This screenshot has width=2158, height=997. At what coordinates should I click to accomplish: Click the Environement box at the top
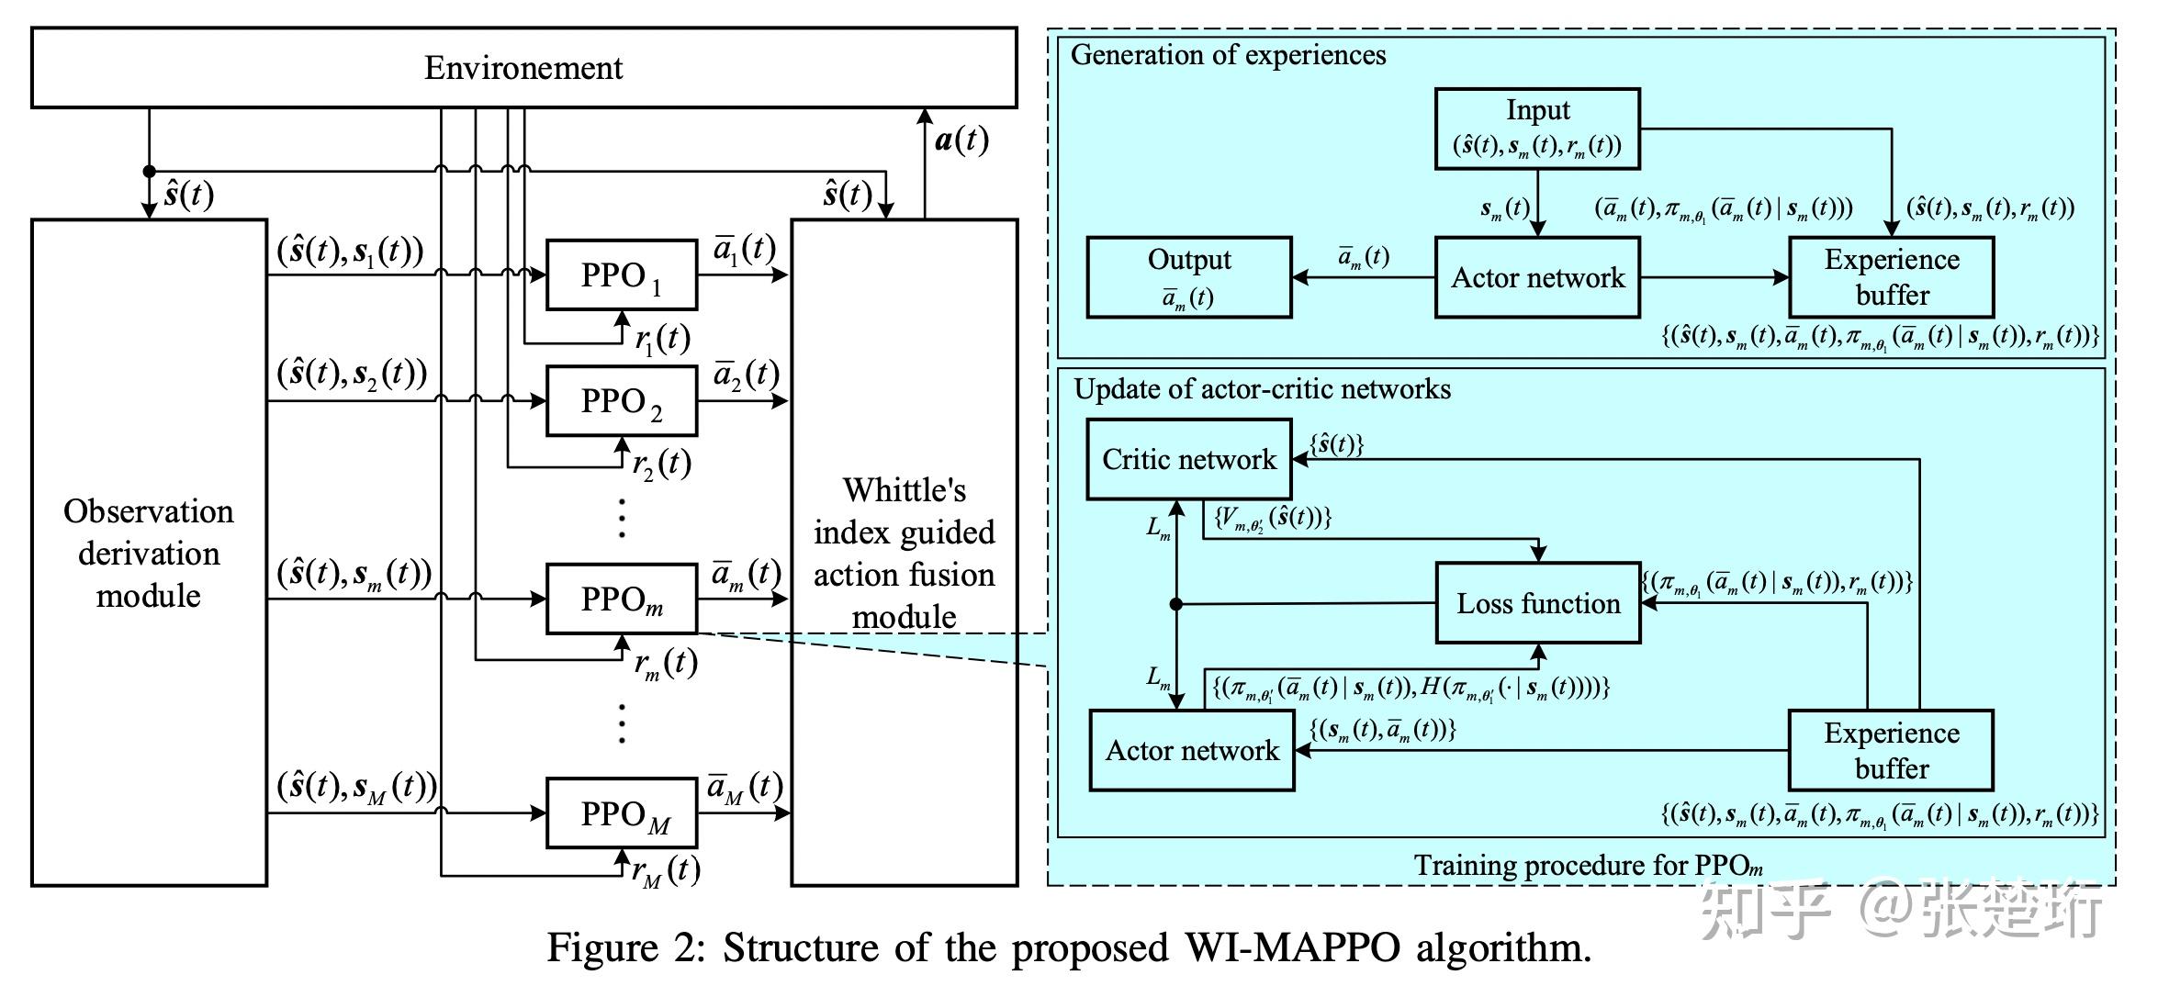click(523, 68)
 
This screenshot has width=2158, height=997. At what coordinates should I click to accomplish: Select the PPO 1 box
click(621, 275)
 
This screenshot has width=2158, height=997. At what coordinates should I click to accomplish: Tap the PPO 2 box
click(621, 401)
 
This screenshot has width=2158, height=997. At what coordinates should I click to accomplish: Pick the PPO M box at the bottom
click(621, 813)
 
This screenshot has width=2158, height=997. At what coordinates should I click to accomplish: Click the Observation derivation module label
click(149, 553)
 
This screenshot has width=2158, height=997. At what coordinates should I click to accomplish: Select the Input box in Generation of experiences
click(1537, 129)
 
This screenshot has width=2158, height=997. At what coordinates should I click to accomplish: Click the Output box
click(1189, 277)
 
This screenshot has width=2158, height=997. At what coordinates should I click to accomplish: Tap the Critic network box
click(1189, 459)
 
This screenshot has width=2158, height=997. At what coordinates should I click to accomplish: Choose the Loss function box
click(1538, 603)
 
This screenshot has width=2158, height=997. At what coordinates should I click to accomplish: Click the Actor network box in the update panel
click(1192, 750)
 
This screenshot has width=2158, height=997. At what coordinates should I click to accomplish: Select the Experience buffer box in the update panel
click(1891, 750)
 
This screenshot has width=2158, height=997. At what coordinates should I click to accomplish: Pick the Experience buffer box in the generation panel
click(1891, 277)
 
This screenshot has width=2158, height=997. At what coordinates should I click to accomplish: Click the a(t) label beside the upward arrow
click(961, 140)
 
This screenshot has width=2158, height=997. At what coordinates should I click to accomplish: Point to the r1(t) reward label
click(662, 339)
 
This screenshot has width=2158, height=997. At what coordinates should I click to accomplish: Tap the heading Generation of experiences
click(1228, 55)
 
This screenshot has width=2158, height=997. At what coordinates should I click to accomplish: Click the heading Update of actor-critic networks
click(1263, 389)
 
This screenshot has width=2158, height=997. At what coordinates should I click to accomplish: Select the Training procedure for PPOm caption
click(1588, 865)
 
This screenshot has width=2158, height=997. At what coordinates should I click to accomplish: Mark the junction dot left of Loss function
click(1176, 604)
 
